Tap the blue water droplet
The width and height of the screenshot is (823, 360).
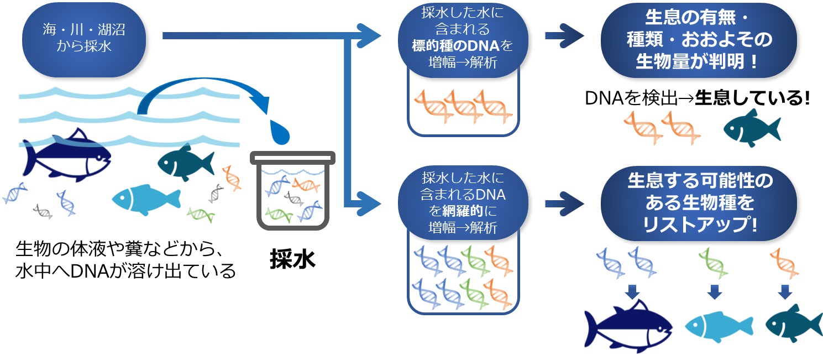tap(282, 132)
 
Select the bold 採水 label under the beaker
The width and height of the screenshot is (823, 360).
tap(292, 259)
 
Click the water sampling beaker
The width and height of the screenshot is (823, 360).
tap(292, 190)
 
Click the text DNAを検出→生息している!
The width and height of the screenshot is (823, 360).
tap(698, 99)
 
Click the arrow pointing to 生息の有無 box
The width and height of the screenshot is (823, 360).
tap(564, 36)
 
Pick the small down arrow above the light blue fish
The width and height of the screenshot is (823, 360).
tap(715, 291)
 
